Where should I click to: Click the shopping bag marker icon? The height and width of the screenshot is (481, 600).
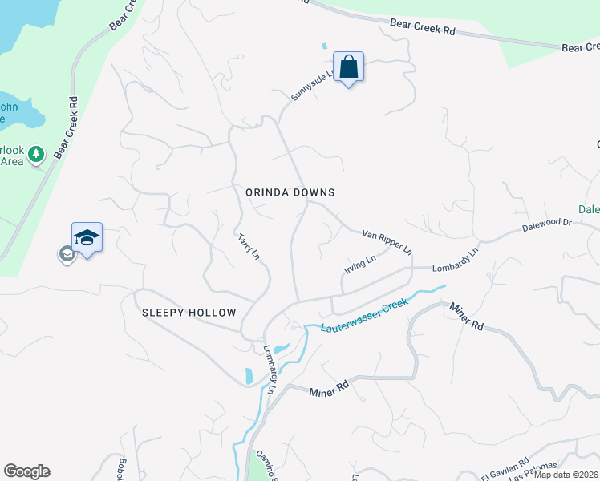tap(349, 67)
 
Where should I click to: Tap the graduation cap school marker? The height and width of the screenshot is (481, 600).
tap(87, 237)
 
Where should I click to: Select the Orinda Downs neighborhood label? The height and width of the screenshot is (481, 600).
tap(290, 192)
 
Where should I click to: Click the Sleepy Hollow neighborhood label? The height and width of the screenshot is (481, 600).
tap(189, 313)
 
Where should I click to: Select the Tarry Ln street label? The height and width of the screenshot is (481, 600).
tap(249, 246)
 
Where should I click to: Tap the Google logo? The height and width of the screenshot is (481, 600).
tap(26, 471)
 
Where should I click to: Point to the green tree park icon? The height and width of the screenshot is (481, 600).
tap(35, 153)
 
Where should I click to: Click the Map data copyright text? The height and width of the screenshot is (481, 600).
tap(566, 475)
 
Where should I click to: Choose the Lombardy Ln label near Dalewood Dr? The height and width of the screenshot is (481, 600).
tap(455, 261)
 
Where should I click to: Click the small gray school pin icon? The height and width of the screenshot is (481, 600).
tap(65, 254)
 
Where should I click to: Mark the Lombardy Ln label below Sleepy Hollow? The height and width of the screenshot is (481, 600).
tap(270, 369)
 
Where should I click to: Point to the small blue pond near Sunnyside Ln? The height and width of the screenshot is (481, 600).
tap(325, 46)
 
